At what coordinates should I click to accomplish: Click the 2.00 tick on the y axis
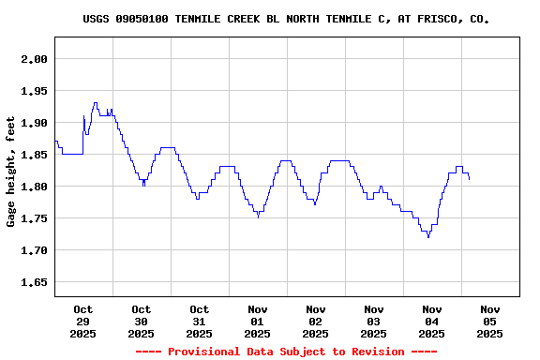pos(34,59)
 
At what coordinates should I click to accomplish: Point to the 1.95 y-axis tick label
pos(34,91)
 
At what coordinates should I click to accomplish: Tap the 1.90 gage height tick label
pos(34,123)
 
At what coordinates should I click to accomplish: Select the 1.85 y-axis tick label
pos(34,155)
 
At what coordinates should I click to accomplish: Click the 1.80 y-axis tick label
pos(34,187)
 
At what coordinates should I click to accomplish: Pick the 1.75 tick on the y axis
pos(34,218)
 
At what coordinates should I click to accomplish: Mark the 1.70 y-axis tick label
pos(34,250)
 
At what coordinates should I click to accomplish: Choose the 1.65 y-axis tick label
pos(34,282)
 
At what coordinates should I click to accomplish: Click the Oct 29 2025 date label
pos(83,321)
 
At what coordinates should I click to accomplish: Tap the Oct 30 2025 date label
pos(142,321)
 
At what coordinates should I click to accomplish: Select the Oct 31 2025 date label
pos(200,321)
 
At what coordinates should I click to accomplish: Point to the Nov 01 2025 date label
pos(258,321)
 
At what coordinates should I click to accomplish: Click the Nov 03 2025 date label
pos(374,321)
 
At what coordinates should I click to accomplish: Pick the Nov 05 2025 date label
pos(490,321)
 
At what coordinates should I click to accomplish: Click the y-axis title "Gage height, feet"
pos(11,172)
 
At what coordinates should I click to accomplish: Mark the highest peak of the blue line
pos(95,103)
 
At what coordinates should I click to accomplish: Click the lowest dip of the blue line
pos(428,237)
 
